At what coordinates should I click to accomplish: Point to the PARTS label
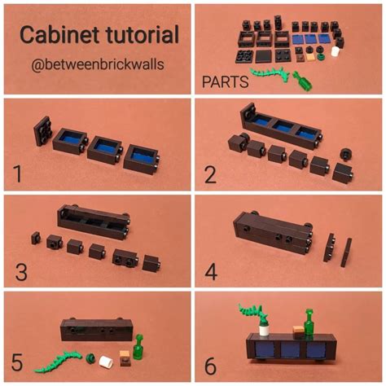coord(226,82)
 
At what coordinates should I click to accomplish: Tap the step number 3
coord(18,270)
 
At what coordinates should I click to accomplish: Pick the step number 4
coord(211,270)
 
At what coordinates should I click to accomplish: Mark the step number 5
coord(17,364)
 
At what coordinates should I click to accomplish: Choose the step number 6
coord(211,364)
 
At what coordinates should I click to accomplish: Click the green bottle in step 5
coord(139,348)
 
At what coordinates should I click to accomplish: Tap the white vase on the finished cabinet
coord(265,327)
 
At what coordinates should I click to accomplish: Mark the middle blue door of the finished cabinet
coord(289,350)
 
